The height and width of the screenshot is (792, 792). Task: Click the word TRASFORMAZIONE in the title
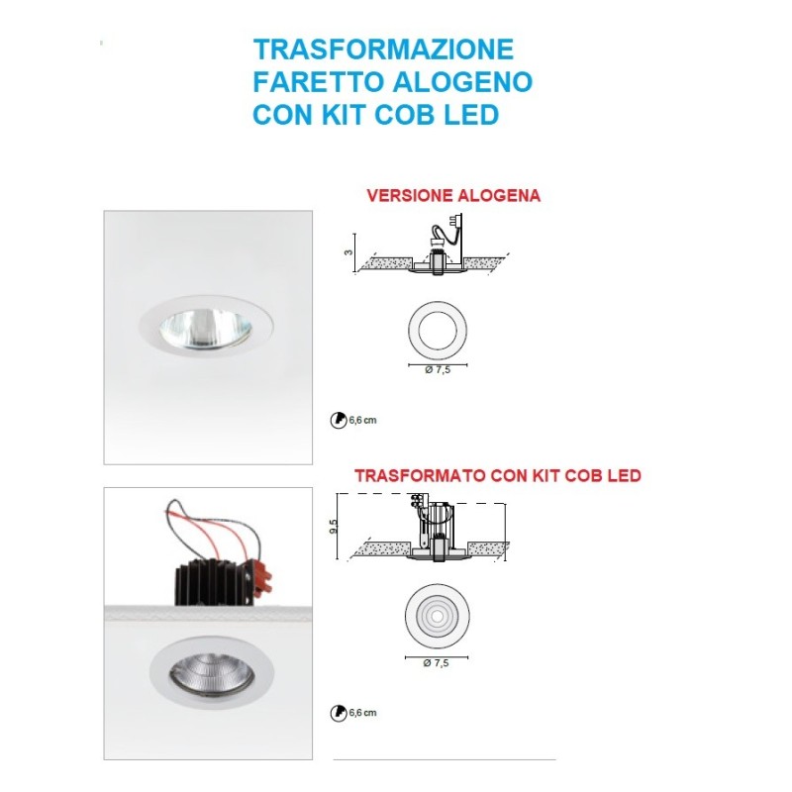pyautogui.click(x=383, y=49)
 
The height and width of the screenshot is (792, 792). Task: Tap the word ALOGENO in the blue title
pyautogui.click(x=462, y=82)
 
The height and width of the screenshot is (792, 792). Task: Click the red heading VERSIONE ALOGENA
pyautogui.click(x=453, y=195)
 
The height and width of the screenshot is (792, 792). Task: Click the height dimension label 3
pyautogui.click(x=348, y=252)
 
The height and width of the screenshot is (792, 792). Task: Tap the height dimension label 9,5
pyautogui.click(x=333, y=527)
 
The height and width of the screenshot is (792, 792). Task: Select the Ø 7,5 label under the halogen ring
pyautogui.click(x=438, y=370)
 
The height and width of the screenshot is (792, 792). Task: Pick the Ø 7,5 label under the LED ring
pyautogui.click(x=436, y=662)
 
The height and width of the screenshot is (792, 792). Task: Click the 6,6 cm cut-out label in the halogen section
pyautogui.click(x=362, y=420)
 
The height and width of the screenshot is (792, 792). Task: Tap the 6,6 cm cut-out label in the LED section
pyautogui.click(x=362, y=713)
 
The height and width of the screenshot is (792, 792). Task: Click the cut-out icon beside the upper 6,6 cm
pyautogui.click(x=338, y=420)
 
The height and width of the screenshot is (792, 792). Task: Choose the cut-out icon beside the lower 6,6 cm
pyautogui.click(x=338, y=713)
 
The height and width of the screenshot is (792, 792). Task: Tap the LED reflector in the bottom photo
pyautogui.click(x=211, y=673)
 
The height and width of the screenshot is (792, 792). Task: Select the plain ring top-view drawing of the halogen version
pyautogui.click(x=438, y=331)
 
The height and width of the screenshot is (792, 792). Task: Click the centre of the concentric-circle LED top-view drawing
pyautogui.click(x=437, y=617)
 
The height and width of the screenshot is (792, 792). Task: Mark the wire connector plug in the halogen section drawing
pyautogui.click(x=457, y=222)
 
